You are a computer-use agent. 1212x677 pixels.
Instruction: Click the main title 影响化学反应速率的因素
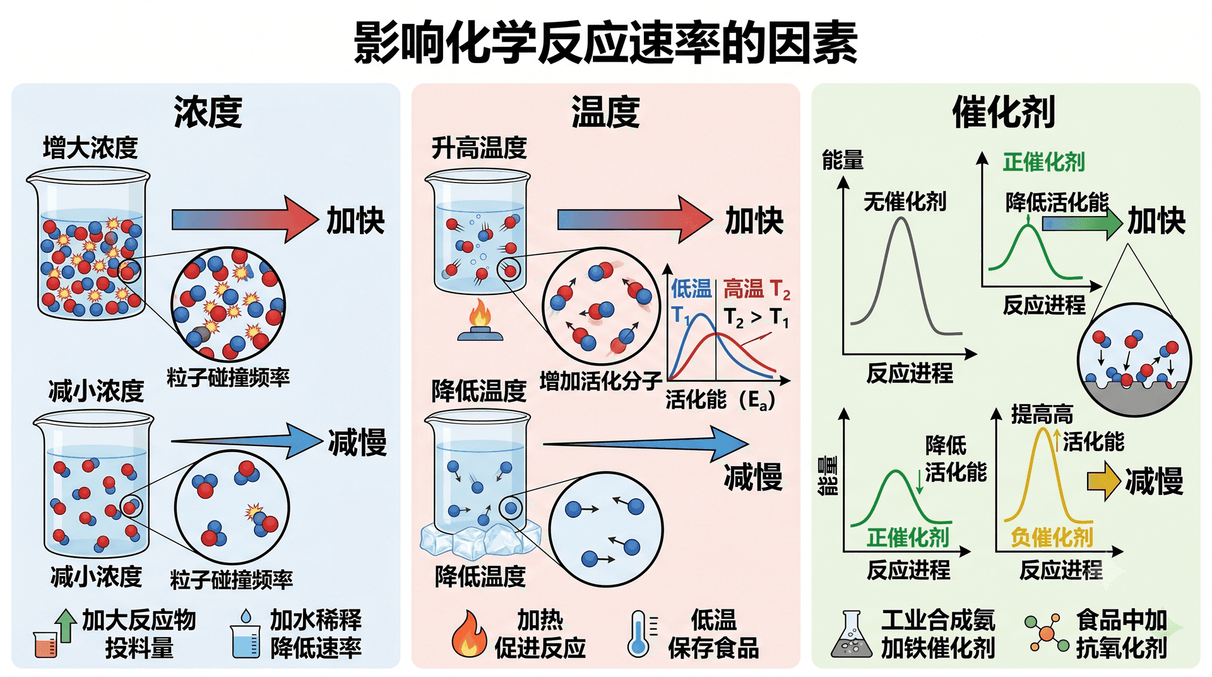pyautogui.click(x=605, y=43)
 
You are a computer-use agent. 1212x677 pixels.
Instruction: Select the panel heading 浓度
pyautogui.click(x=208, y=112)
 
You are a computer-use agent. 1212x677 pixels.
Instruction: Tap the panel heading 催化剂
pyautogui.click(x=1004, y=112)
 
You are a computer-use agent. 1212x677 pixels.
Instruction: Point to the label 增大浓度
pyautogui.click(x=90, y=148)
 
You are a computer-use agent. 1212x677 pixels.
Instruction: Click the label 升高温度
pyautogui.click(x=479, y=148)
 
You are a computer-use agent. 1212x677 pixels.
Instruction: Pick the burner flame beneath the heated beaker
pyautogui.click(x=480, y=314)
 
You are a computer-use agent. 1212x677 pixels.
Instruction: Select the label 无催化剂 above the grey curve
pyautogui.click(x=905, y=201)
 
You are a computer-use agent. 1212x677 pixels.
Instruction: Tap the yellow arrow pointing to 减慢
pyautogui.click(x=1104, y=481)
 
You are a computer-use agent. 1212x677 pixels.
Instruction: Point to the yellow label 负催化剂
pyautogui.click(x=1052, y=537)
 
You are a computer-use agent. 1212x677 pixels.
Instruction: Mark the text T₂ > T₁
pyautogui.click(x=756, y=317)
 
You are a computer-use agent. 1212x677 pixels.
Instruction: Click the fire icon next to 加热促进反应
pyautogui.click(x=469, y=633)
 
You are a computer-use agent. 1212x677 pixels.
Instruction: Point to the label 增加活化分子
pyautogui.click(x=600, y=381)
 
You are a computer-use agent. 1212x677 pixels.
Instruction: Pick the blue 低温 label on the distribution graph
pyautogui.click(x=691, y=289)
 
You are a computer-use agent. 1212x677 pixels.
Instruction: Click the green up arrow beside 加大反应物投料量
pyautogui.click(x=65, y=626)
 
